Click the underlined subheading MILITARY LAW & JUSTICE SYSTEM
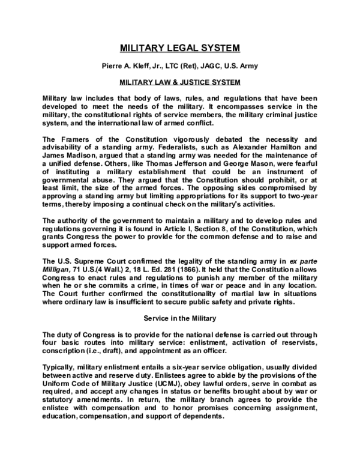point(180,81)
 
